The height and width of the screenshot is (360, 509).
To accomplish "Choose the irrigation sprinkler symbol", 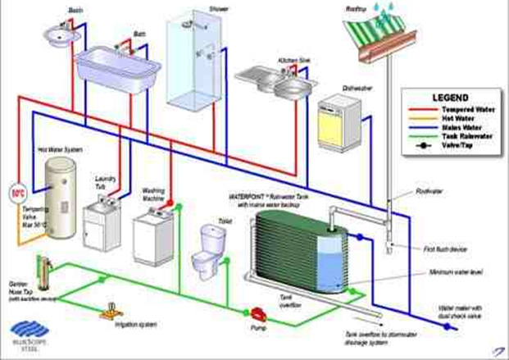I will pos(107,312).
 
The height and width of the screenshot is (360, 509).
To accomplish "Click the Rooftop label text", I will pos(357,7).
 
